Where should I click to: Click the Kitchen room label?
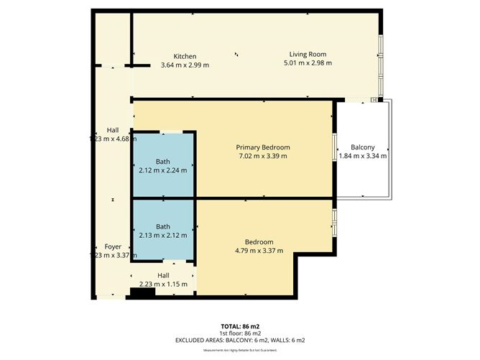click(185, 56)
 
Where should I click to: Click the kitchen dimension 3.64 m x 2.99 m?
click(185, 65)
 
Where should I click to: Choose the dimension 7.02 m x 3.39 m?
click(262, 156)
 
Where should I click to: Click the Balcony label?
click(362, 147)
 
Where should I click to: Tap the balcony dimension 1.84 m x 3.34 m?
click(362, 156)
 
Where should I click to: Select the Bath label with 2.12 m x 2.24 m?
click(163, 161)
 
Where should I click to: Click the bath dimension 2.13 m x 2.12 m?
click(163, 235)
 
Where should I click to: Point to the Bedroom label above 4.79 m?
click(259, 241)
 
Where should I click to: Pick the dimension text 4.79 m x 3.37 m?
click(259, 251)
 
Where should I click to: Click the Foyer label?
click(113, 246)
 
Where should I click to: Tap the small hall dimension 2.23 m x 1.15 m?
click(163, 284)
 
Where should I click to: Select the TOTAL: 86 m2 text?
click(239, 326)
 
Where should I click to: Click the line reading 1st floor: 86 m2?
click(239, 333)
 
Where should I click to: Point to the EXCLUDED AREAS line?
click(239, 340)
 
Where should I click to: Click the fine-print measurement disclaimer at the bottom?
click(239, 349)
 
